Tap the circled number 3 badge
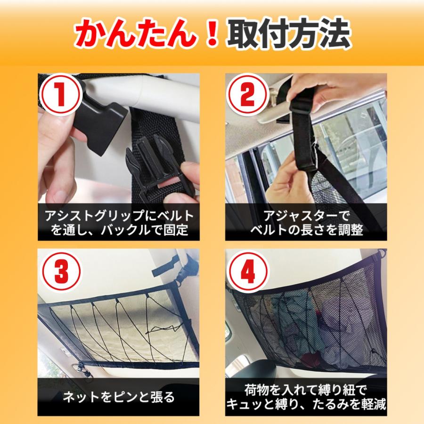[x=60, y=272]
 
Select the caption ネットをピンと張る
[x=118, y=397]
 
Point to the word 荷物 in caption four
[x=257, y=390]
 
